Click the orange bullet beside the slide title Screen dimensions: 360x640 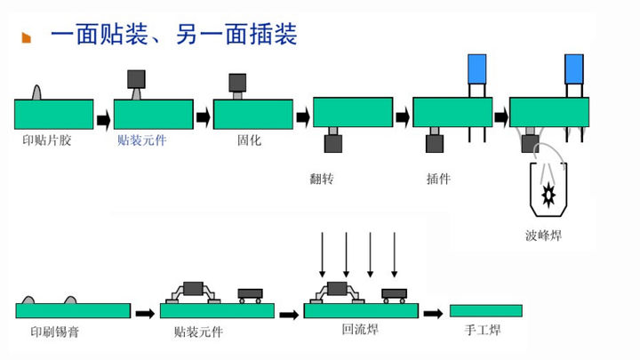(27, 36)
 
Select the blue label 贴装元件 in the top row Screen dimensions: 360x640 (141, 140)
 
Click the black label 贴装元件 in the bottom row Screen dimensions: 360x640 (199, 332)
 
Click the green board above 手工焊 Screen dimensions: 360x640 (485, 310)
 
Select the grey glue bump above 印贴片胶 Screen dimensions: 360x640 (37, 92)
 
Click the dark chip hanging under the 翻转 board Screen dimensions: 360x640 (333, 143)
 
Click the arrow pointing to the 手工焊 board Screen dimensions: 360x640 (433, 313)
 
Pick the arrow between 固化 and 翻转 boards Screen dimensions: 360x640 (302, 116)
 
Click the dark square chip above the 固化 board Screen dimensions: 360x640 (237, 83)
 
